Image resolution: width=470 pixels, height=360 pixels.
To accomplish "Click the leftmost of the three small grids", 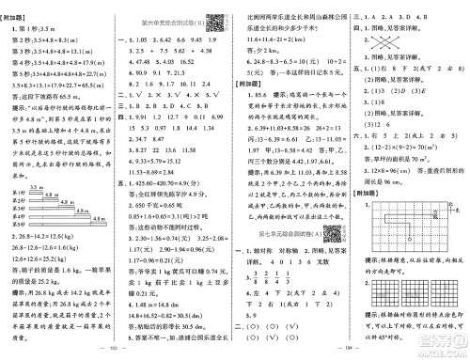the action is click(371, 309).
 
